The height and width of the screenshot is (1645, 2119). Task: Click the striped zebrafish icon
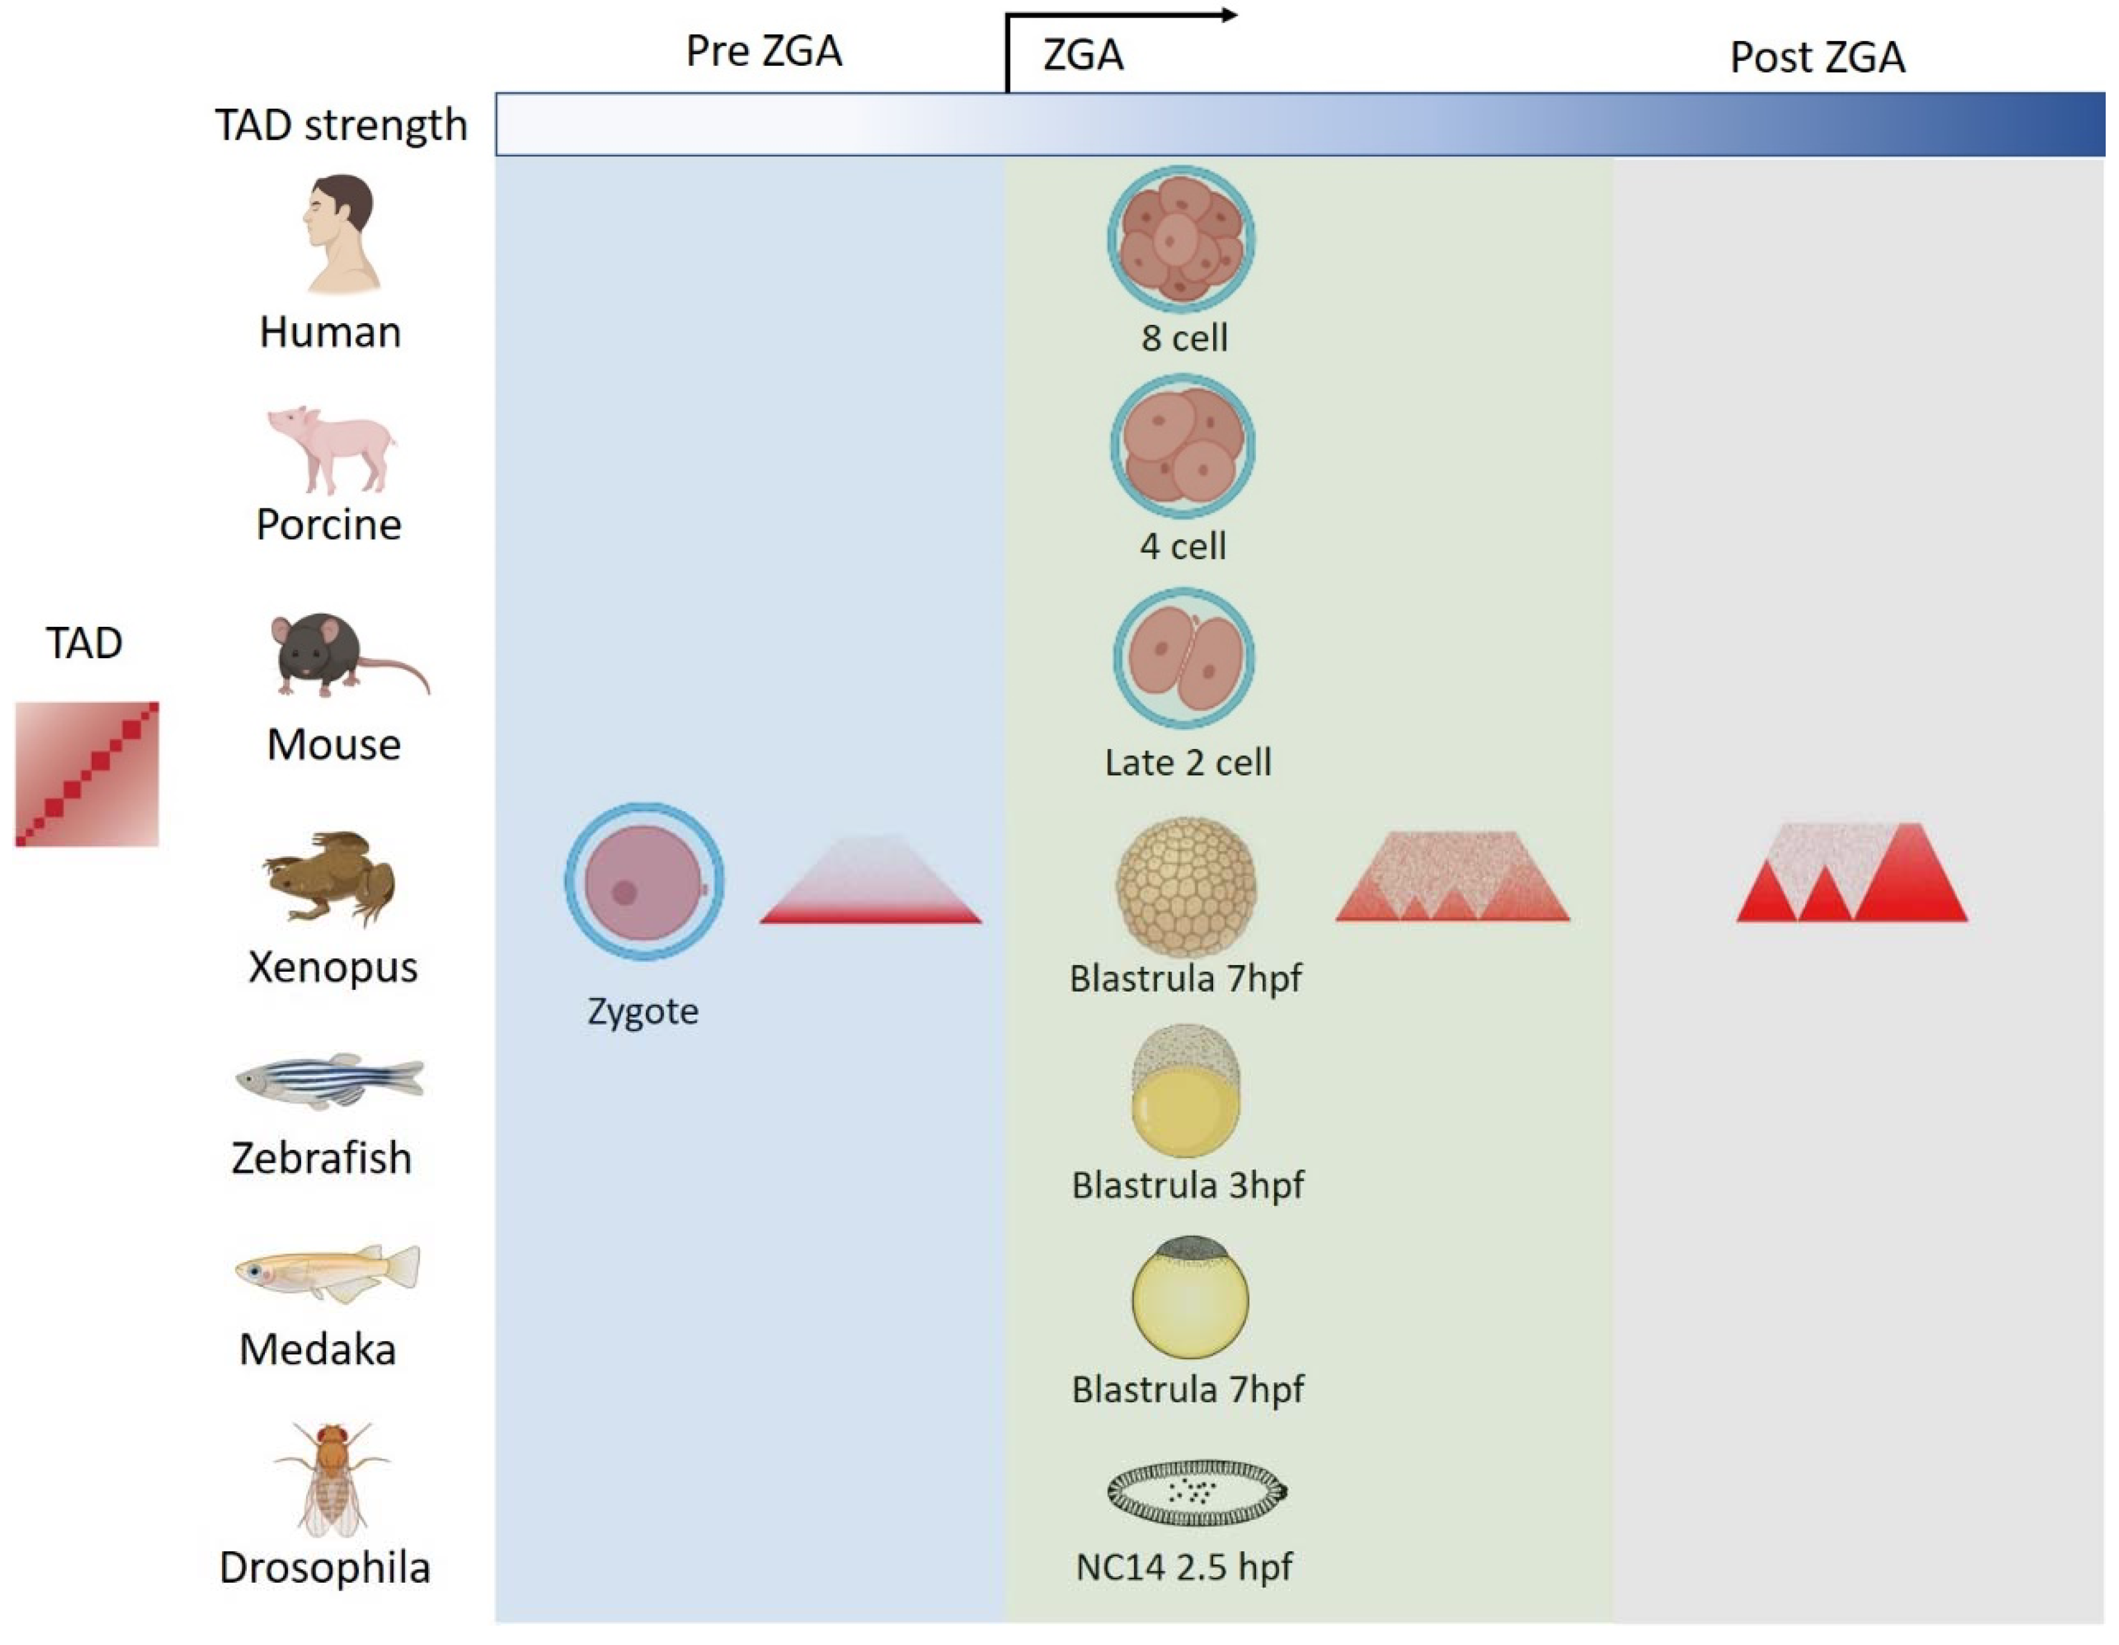(329, 1080)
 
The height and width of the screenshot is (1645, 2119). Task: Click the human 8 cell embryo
(1182, 239)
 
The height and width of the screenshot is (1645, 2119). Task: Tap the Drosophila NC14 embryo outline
(1196, 1492)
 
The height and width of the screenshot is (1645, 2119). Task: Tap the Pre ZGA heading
(764, 50)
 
